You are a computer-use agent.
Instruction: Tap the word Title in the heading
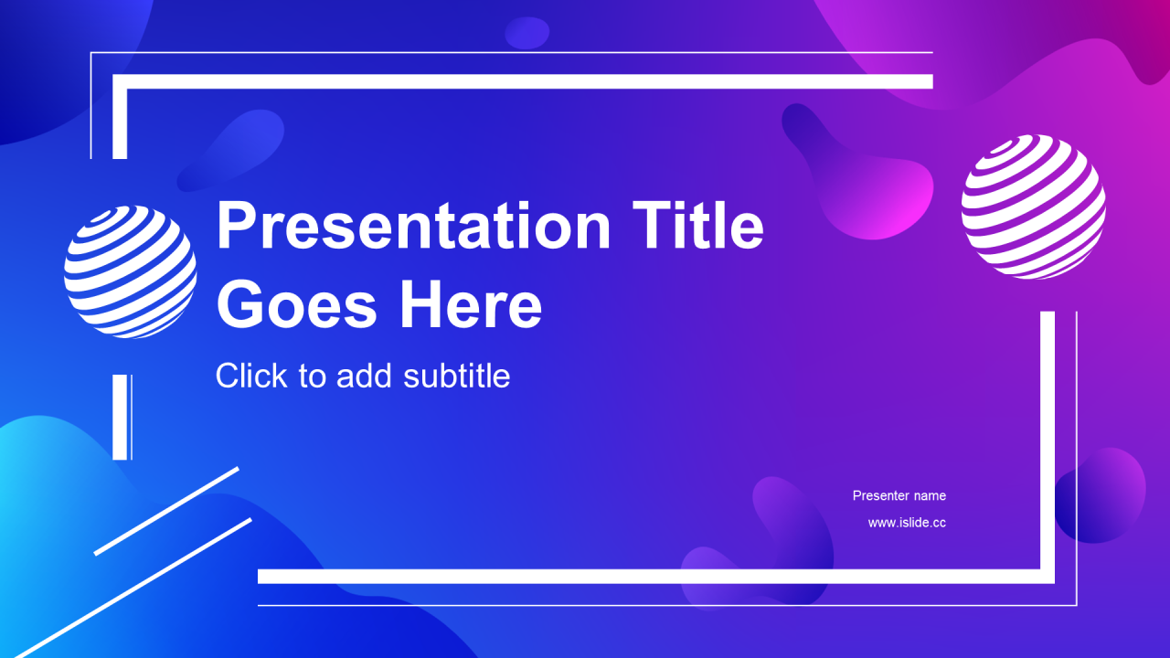click(698, 225)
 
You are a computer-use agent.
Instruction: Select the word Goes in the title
click(296, 304)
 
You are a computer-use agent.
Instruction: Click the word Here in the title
click(471, 303)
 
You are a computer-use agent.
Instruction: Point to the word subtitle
click(456, 376)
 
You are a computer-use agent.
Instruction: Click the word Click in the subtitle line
click(251, 375)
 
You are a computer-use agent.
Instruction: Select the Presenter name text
click(899, 495)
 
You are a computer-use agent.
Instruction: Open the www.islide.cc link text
click(907, 523)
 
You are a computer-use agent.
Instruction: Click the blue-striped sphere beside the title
click(130, 271)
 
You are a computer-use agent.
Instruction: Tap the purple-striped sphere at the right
click(1033, 207)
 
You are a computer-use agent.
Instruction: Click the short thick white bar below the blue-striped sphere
click(120, 417)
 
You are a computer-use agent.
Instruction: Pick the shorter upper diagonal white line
click(166, 511)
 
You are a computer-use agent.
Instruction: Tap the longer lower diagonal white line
click(133, 588)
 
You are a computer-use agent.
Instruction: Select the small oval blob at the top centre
click(527, 33)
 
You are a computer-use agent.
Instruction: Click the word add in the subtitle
click(364, 376)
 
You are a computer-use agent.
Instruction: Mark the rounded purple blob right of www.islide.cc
click(1100, 495)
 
